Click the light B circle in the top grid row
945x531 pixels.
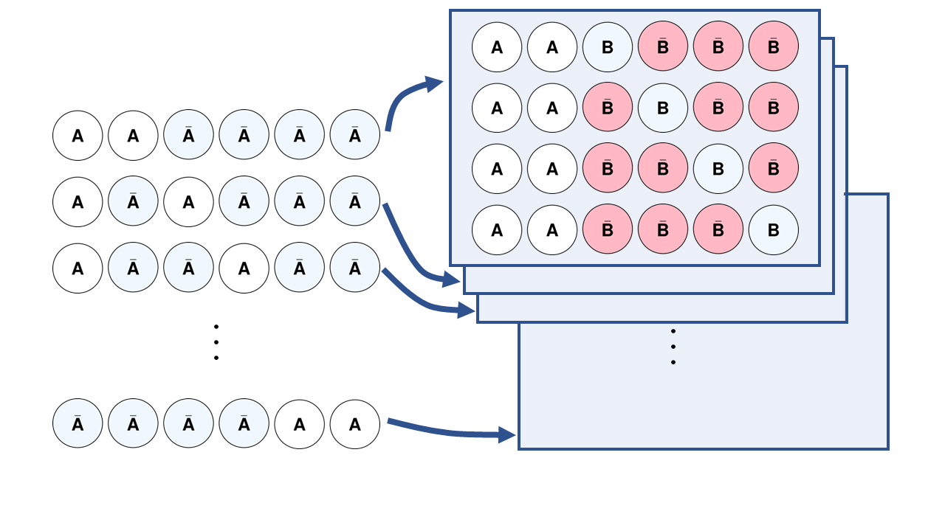click(x=608, y=47)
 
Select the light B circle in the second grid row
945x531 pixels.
click(x=663, y=108)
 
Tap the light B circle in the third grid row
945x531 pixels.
click(x=718, y=169)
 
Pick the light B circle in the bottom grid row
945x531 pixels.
click(x=774, y=229)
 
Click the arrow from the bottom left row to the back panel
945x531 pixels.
click(x=450, y=432)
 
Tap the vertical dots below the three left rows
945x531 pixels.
click(x=216, y=342)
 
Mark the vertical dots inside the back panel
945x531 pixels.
click(x=673, y=347)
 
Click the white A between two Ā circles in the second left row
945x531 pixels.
click(x=188, y=202)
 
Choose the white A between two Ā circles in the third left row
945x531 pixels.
click(x=244, y=268)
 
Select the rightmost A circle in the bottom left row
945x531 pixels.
click(x=355, y=424)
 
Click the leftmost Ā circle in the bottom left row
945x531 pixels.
click(x=78, y=424)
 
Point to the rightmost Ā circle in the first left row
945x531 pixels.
click(x=355, y=136)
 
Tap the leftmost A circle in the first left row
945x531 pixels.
click(x=78, y=136)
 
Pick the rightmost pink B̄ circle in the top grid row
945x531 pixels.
click(x=774, y=47)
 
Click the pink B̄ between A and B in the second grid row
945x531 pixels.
click(x=608, y=108)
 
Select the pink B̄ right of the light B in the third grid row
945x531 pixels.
click(x=774, y=169)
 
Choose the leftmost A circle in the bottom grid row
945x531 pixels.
click(x=497, y=229)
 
